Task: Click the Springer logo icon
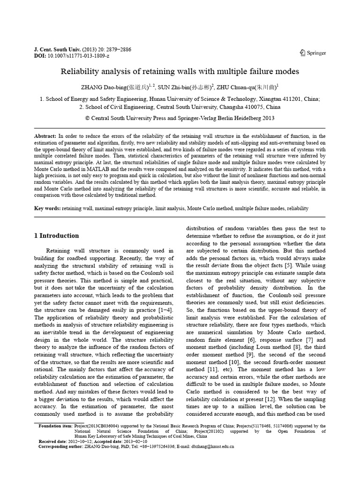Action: point(302,52)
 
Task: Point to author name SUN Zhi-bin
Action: point(174,87)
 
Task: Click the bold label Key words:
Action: point(48,208)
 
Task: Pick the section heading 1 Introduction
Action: point(57,235)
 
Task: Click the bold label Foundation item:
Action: point(54,426)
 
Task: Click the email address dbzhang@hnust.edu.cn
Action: point(210,447)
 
